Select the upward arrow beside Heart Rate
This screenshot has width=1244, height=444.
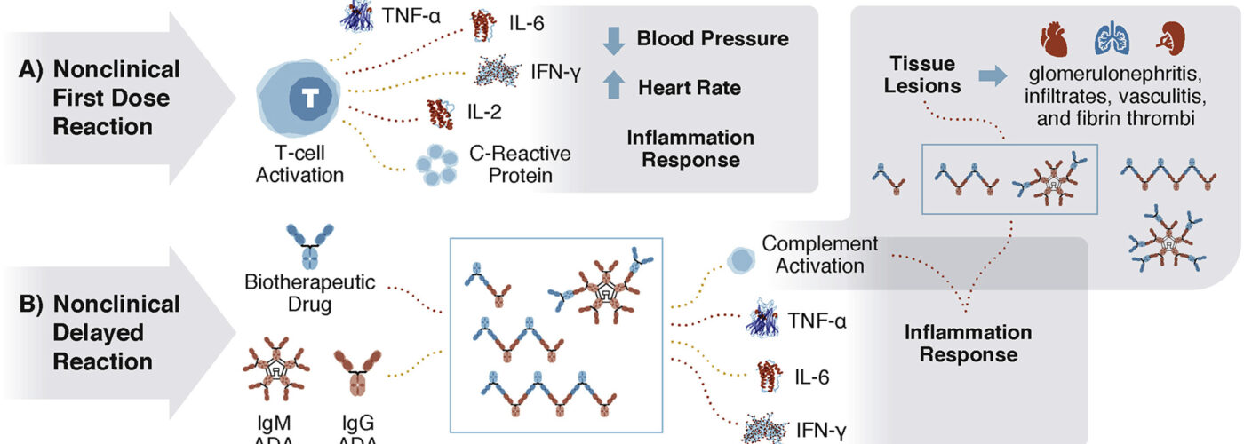(614, 87)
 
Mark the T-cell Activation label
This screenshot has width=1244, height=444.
(299, 164)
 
